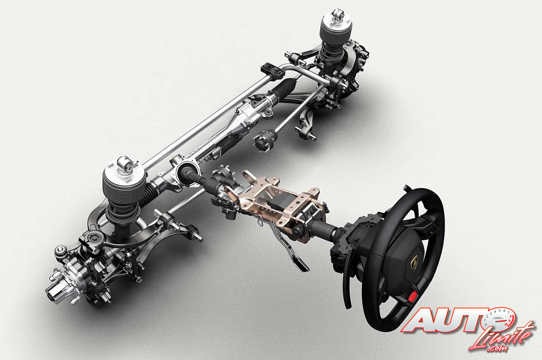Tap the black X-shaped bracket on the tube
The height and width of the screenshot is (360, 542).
(273, 71)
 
